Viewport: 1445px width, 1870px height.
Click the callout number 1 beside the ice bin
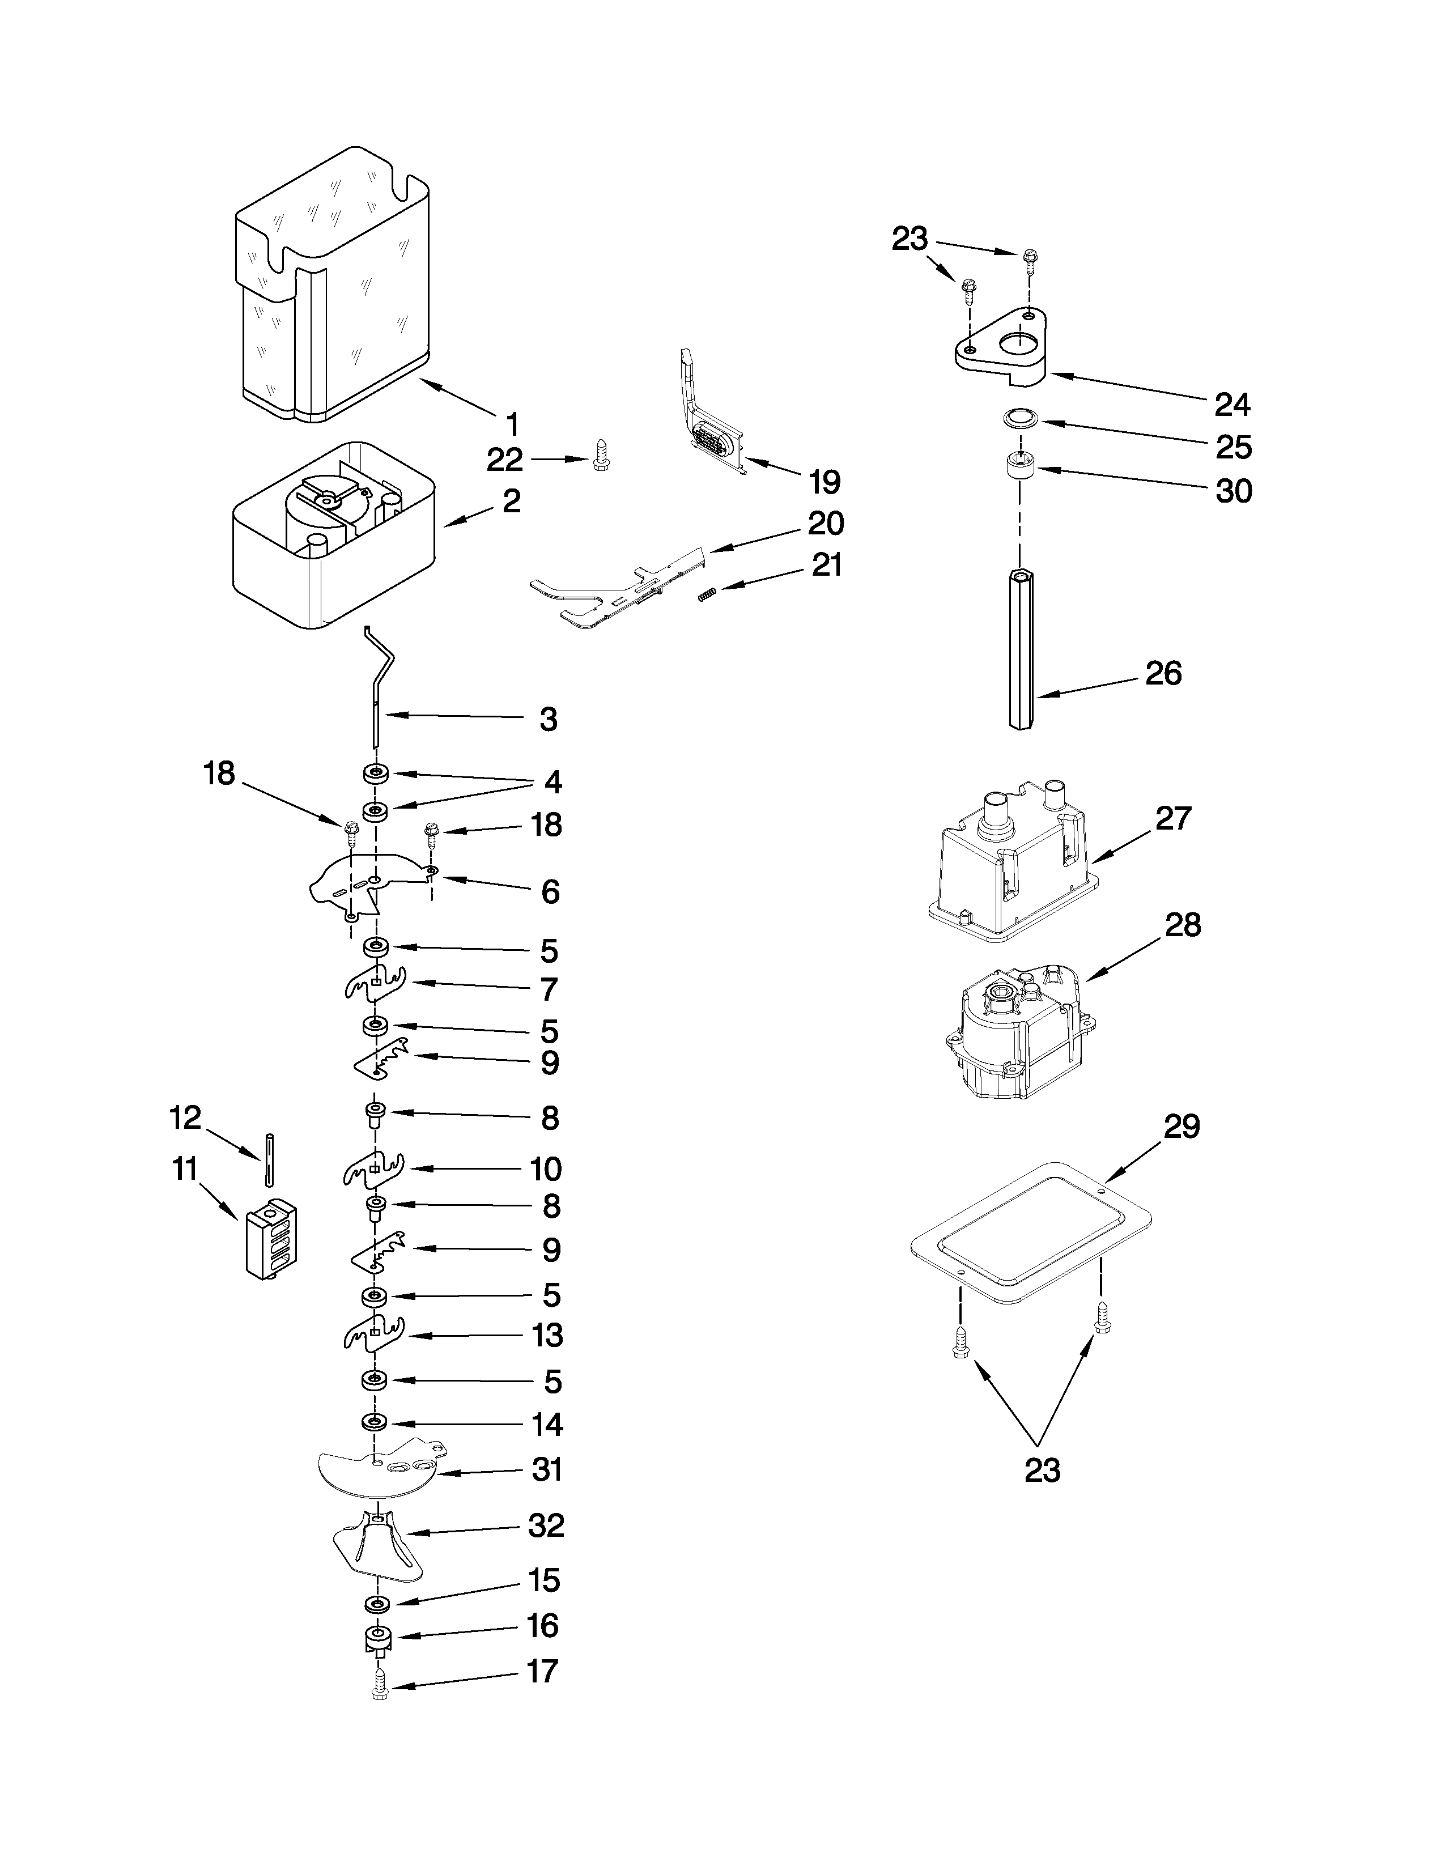point(512,424)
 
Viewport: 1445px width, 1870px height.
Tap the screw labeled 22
point(601,459)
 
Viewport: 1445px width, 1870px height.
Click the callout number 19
point(824,482)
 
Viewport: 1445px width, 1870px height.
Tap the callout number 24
point(1232,404)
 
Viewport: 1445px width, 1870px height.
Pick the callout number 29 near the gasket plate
point(1181,1127)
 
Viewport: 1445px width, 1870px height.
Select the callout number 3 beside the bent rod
point(549,719)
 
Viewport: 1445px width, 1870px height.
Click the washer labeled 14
point(374,1422)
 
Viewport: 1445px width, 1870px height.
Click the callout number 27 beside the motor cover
point(1173,819)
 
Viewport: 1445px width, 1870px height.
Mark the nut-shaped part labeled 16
point(377,1639)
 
